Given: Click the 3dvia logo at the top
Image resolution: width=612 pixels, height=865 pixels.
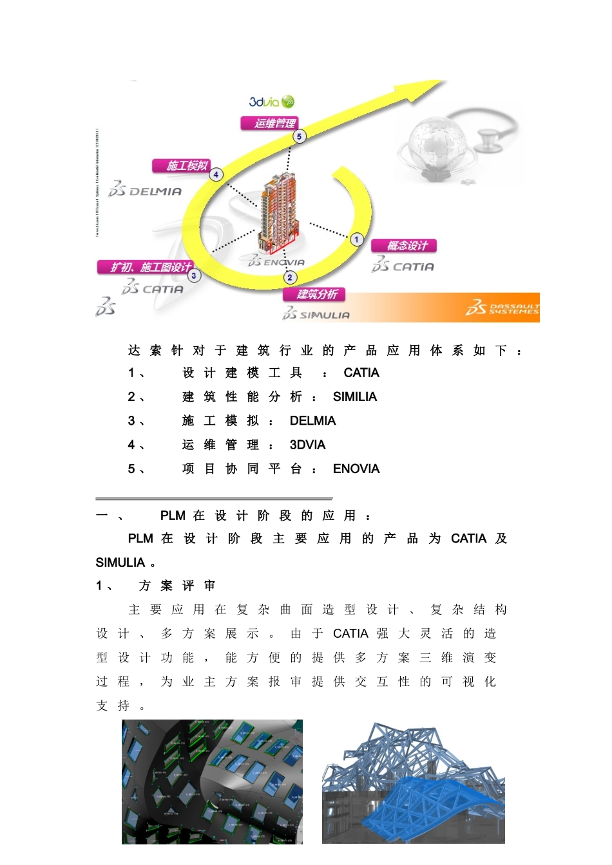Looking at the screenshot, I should click(x=271, y=102).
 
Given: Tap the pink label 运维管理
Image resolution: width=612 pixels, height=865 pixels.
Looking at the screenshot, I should click(x=270, y=123).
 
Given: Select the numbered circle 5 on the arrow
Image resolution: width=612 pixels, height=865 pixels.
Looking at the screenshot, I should click(x=299, y=136).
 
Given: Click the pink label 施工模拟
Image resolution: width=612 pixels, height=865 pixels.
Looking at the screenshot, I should click(x=182, y=165).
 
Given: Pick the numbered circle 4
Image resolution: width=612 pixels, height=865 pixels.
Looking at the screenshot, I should click(x=216, y=174).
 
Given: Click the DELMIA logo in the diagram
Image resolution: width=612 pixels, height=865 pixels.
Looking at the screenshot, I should click(x=146, y=190).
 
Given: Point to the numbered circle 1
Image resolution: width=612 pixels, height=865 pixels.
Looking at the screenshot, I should click(x=357, y=239).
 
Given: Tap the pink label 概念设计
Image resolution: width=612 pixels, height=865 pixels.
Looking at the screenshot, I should click(x=404, y=245).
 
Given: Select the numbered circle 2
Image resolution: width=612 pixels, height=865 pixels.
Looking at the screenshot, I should click(x=290, y=277).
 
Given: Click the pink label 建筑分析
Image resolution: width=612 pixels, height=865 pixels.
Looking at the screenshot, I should click(x=314, y=294).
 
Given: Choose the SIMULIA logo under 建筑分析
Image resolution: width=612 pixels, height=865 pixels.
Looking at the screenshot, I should click(x=316, y=315).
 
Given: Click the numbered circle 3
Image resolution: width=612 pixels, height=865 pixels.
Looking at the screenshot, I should click(x=194, y=275).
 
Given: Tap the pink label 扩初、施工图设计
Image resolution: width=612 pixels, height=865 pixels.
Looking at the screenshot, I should click(x=146, y=266).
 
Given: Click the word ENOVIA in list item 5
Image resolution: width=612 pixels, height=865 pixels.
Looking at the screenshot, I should click(x=356, y=469).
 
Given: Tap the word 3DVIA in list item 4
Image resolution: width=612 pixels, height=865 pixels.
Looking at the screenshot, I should click(x=307, y=445).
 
